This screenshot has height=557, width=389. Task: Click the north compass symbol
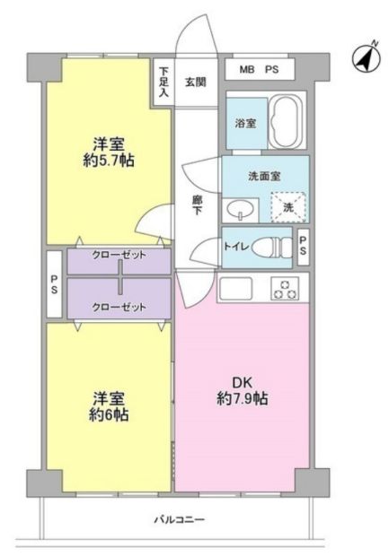point(367,58)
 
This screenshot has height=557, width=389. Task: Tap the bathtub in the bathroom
point(286,121)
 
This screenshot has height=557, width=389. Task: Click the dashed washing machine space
point(288,207)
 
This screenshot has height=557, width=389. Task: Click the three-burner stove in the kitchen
point(285,288)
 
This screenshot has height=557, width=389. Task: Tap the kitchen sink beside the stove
point(236,288)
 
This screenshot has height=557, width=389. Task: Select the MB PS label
point(259,70)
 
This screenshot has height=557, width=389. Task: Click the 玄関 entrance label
point(195,82)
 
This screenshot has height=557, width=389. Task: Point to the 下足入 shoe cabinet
point(164,82)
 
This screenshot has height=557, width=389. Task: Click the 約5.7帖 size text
point(109,161)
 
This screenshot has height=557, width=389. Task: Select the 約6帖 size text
point(109,414)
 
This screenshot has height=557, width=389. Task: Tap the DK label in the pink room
point(243,383)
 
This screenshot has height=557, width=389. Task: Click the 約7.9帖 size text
point(243,398)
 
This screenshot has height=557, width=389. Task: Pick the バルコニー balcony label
point(180,520)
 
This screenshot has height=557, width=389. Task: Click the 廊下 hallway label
point(197,205)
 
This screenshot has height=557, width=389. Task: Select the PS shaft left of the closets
point(55,284)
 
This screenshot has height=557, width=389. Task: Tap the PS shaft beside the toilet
point(304,247)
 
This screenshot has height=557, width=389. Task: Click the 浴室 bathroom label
point(245,124)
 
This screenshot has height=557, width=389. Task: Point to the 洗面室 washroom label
point(264,176)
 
